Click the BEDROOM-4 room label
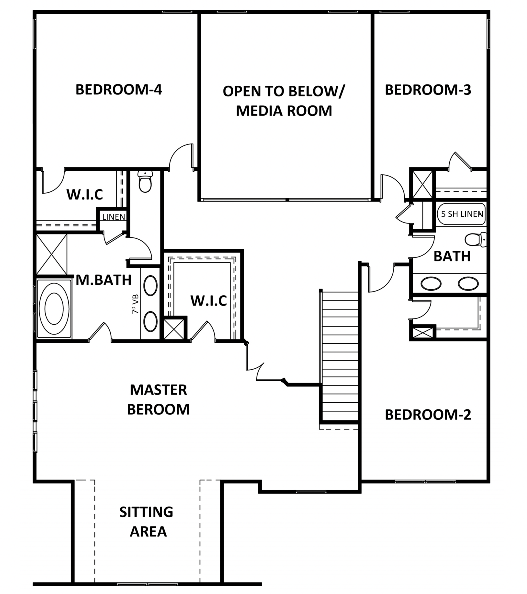[119, 90]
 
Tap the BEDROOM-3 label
[428, 90]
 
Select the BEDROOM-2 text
[428, 415]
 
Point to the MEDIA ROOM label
[284, 111]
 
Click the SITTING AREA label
[146, 522]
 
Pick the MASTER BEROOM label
[158, 399]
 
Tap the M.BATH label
[104, 280]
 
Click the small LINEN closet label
[114, 217]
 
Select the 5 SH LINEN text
[462, 214]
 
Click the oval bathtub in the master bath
[54, 308]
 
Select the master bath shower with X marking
[52, 254]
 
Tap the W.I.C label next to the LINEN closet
[85, 194]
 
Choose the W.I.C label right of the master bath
[209, 301]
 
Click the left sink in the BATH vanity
[431, 283]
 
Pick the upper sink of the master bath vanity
[151, 286]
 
